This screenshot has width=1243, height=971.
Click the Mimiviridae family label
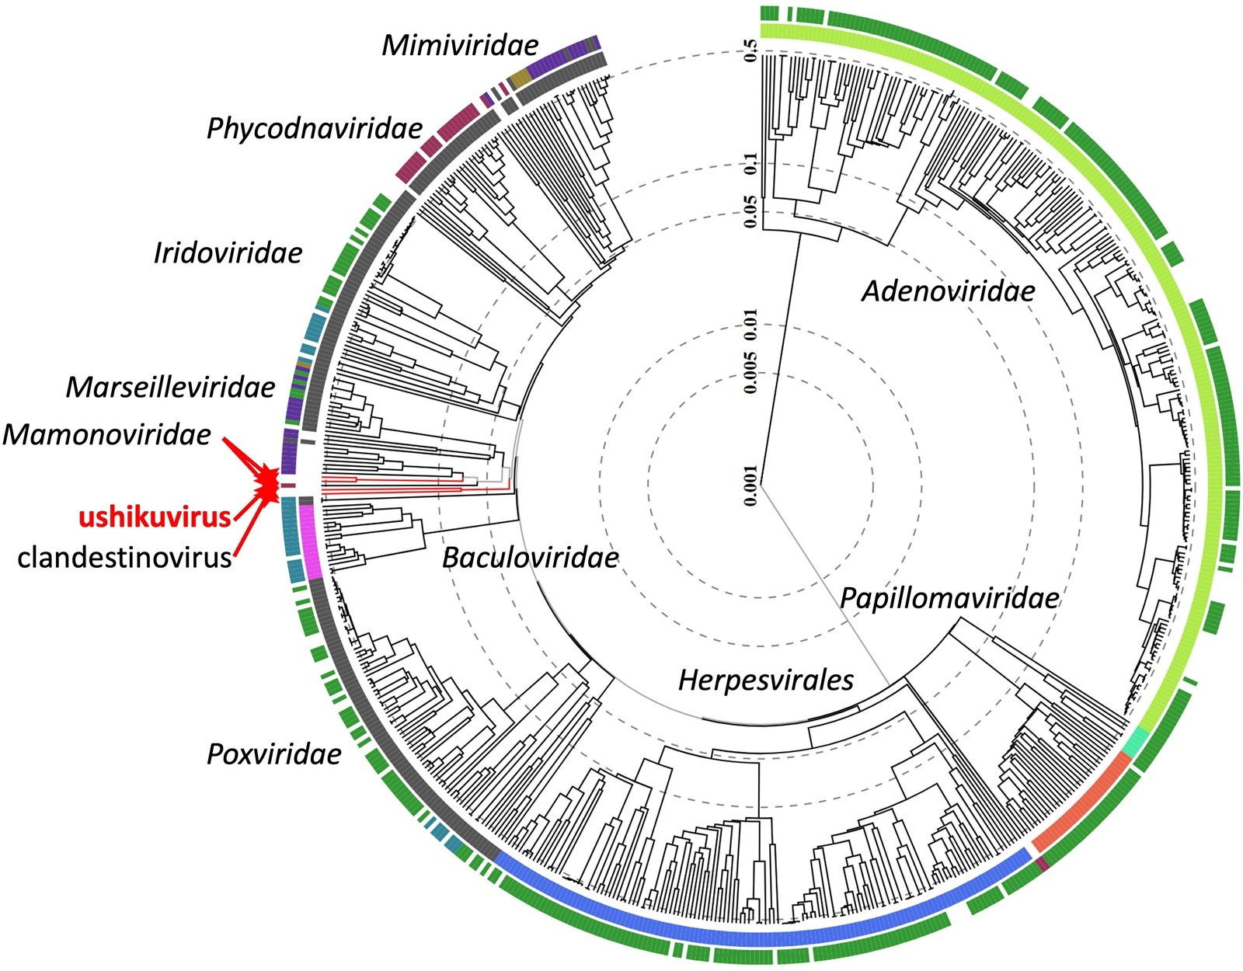(x=460, y=45)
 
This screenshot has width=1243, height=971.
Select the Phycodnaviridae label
(x=315, y=128)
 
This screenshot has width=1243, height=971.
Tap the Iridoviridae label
(x=228, y=253)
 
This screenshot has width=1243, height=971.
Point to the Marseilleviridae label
(x=170, y=387)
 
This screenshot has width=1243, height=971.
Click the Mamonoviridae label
(x=106, y=434)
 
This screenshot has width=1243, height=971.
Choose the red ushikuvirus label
(x=155, y=517)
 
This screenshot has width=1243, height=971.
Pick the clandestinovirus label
(x=124, y=557)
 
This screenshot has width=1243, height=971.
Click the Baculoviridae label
(x=530, y=557)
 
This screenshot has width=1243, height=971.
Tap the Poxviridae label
(x=273, y=754)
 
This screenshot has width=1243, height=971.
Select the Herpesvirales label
(x=765, y=680)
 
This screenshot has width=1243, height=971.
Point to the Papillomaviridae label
(x=949, y=598)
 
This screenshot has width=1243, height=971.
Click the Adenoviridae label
(x=949, y=291)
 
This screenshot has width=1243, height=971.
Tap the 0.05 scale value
(x=750, y=211)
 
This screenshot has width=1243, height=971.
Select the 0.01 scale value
(x=750, y=326)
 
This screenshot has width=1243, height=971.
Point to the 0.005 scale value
(x=750, y=371)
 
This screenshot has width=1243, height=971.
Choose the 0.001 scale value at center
(x=750, y=486)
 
